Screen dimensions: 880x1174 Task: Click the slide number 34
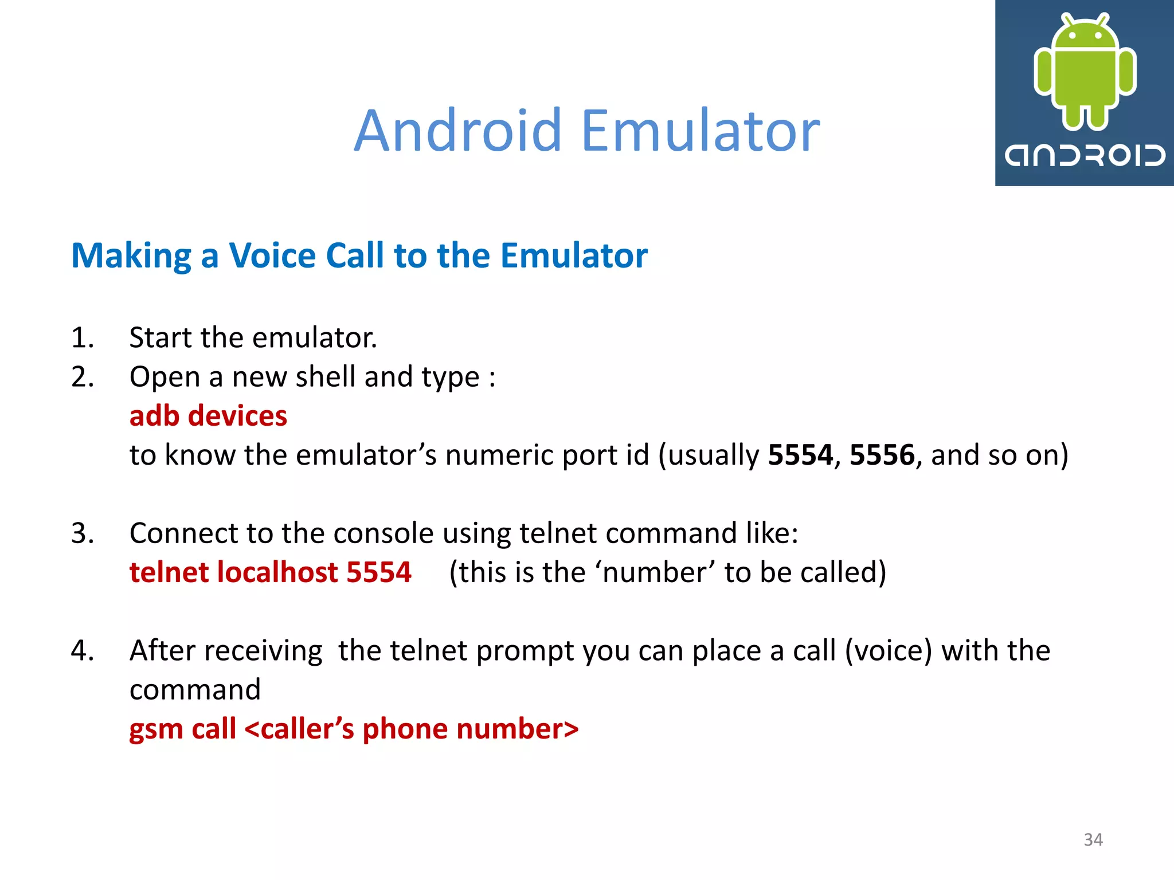(1093, 839)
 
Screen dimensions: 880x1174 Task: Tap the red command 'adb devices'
(208, 416)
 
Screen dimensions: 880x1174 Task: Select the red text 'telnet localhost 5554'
(270, 572)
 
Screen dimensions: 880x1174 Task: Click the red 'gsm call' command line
(354, 729)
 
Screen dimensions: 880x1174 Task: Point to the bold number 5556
(882, 455)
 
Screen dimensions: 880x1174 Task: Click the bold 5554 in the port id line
(800, 455)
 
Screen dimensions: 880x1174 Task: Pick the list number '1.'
(83, 337)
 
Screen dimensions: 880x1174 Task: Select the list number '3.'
(83, 533)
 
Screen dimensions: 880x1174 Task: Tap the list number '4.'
(83, 651)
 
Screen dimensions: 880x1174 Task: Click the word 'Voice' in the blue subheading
(272, 256)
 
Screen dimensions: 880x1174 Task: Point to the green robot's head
(1085, 34)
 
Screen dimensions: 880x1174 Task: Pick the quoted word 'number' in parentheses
(659, 572)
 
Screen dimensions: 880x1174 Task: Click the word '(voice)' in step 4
(889, 651)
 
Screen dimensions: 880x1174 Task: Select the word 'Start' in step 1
(161, 337)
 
